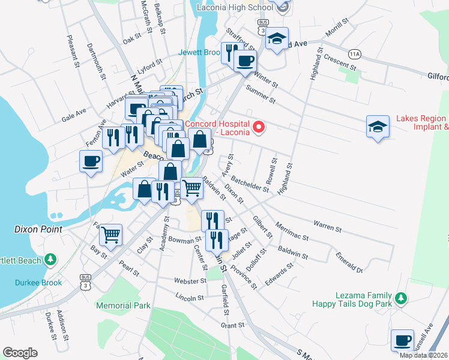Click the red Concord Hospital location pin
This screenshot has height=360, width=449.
259,127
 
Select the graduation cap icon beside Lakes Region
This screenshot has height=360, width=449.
377,127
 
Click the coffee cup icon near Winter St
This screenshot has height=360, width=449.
244,61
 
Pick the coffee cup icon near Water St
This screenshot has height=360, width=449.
91,161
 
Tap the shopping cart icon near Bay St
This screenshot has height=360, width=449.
110,235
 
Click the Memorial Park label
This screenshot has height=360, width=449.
123,305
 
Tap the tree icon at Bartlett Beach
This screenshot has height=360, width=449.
52,260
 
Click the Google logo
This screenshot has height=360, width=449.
20,353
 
